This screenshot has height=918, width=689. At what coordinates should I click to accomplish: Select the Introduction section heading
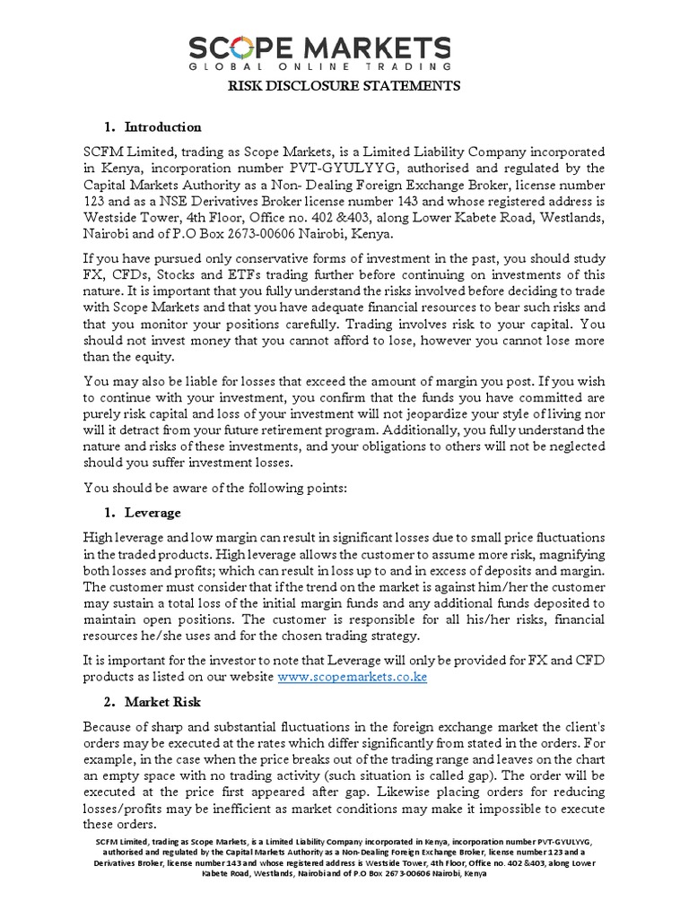[162, 126]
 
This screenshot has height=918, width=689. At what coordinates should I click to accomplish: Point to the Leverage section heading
[153, 513]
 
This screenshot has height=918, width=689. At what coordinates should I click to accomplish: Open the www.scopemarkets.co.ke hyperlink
[352, 677]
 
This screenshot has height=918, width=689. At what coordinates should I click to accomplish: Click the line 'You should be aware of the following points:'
[221, 488]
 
